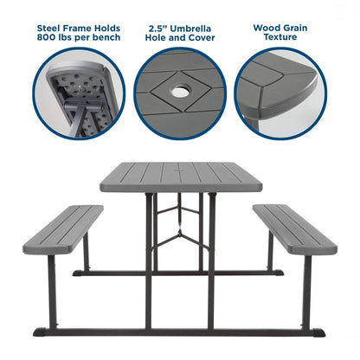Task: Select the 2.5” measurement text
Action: coord(158,26)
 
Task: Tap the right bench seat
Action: coord(295,228)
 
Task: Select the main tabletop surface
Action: coord(179,177)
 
